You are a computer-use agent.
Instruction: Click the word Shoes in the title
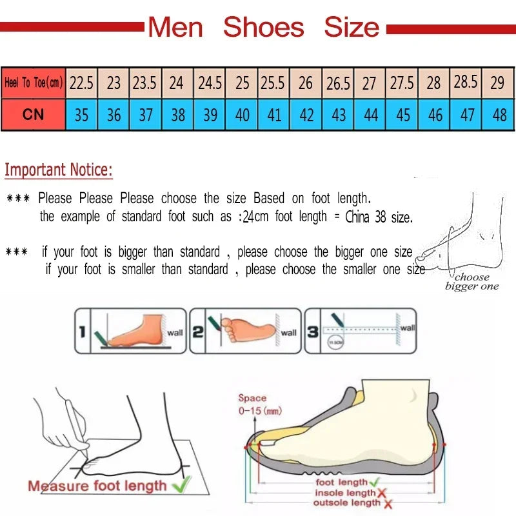tap(263, 27)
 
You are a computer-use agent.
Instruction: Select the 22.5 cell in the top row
tap(81, 83)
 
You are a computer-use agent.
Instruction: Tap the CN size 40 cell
tap(243, 115)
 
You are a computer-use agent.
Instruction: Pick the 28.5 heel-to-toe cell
tap(466, 82)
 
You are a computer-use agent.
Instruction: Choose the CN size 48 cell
tap(499, 115)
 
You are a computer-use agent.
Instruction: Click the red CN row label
tap(33, 115)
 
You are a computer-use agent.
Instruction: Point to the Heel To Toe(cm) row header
tap(33, 83)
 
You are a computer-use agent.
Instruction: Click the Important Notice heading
tap(59, 170)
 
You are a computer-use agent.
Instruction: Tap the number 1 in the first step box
tap(83, 332)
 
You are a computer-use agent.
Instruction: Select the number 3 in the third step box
tap(313, 332)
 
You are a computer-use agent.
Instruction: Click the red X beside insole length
tap(381, 493)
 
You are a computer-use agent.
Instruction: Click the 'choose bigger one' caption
tap(471, 282)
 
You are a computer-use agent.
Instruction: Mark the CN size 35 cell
tap(81, 115)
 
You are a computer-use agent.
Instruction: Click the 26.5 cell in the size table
tap(338, 83)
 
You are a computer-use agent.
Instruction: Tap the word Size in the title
tap(352, 27)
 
